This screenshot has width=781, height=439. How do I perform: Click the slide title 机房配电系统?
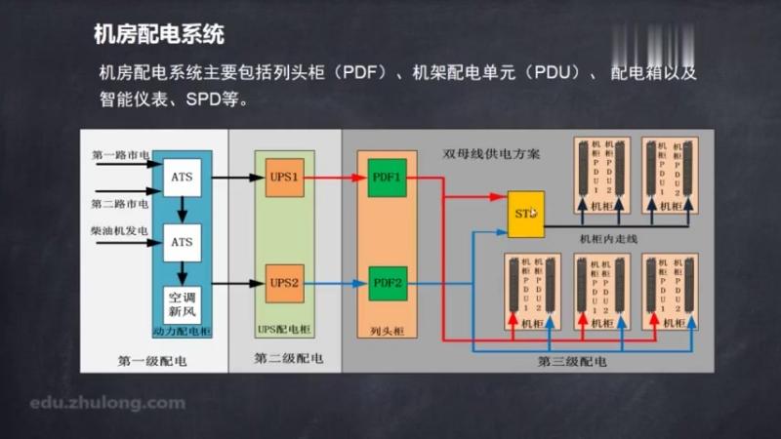(159, 36)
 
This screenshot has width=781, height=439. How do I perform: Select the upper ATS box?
(182, 178)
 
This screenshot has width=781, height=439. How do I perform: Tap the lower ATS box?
(182, 239)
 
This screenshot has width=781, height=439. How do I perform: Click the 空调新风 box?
(183, 302)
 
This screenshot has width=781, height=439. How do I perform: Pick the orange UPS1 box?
(284, 178)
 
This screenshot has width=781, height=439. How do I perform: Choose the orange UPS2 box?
(284, 283)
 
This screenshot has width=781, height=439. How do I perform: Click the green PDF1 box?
(388, 178)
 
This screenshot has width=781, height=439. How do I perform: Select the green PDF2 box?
(388, 283)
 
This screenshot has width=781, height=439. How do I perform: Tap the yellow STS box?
(525, 214)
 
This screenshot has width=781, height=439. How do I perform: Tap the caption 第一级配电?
(152, 362)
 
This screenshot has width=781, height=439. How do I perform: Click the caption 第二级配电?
(289, 359)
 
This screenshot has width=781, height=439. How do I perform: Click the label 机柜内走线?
(607, 238)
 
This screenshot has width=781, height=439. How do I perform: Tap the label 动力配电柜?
(182, 331)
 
